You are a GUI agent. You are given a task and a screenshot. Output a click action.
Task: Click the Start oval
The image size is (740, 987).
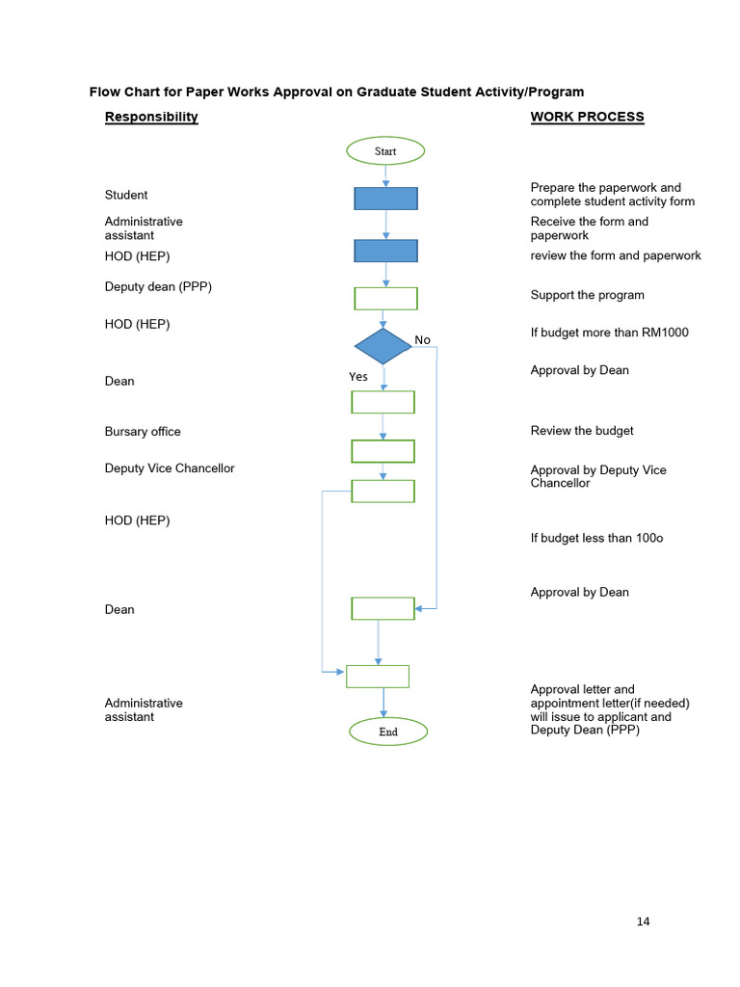pyautogui.click(x=385, y=151)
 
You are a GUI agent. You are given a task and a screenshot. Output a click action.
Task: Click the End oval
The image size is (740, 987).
pyautogui.click(x=387, y=732)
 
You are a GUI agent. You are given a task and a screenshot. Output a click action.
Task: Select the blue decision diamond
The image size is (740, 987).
pyautogui.click(x=383, y=346)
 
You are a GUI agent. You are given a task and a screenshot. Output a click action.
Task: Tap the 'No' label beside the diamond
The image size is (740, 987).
pyautogui.click(x=422, y=339)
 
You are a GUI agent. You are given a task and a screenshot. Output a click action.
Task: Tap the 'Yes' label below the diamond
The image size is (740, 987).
pyautogui.click(x=358, y=377)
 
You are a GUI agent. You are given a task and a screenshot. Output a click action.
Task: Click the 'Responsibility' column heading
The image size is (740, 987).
pyautogui.click(x=151, y=117)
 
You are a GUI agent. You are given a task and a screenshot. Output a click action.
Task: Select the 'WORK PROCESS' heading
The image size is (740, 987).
pyautogui.click(x=587, y=117)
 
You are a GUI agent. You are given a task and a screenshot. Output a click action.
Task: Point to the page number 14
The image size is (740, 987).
pyautogui.click(x=643, y=921)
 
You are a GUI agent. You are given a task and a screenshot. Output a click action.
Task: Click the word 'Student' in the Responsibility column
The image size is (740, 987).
pyautogui.click(x=126, y=195)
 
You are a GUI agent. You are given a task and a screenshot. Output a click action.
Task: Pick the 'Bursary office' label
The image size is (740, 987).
pyautogui.click(x=143, y=432)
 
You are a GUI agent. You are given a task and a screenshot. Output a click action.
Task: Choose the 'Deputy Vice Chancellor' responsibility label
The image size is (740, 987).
pyautogui.click(x=170, y=468)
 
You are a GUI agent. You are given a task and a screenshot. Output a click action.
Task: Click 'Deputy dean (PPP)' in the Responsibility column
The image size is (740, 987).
pyautogui.click(x=158, y=286)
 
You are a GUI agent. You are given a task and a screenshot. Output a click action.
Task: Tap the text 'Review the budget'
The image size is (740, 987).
pyautogui.click(x=582, y=431)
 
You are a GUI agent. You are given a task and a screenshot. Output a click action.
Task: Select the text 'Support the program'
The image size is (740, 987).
pyautogui.click(x=587, y=295)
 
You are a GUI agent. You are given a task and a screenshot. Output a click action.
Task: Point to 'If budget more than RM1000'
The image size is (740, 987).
pyautogui.click(x=609, y=333)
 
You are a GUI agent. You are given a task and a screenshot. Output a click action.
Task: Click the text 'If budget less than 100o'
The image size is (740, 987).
pyautogui.click(x=596, y=538)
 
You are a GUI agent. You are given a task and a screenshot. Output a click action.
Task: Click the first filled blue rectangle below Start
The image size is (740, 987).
pyautogui.click(x=385, y=199)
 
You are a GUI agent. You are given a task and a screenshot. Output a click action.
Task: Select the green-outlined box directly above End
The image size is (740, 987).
pyautogui.click(x=378, y=676)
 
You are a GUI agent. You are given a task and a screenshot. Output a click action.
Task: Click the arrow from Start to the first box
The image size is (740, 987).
pyautogui.click(x=385, y=175)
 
